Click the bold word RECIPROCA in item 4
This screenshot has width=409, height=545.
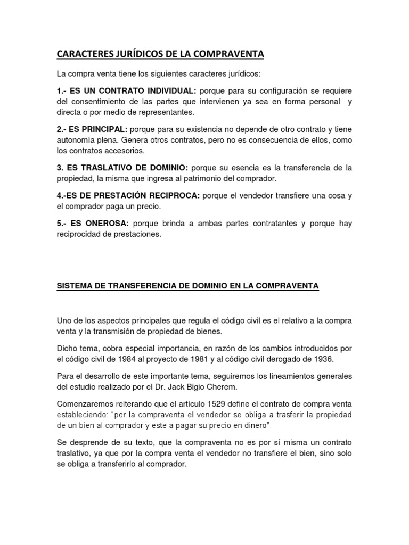(x=175, y=195)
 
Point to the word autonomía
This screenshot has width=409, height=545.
(x=77, y=140)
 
